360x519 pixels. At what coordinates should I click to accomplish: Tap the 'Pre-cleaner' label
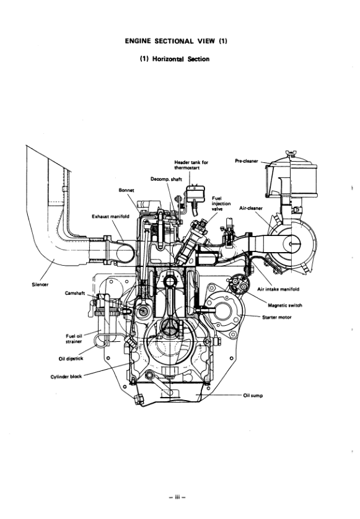pyautogui.click(x=247, y=160)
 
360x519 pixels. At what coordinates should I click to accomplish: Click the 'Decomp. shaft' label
pyautogui.click(x=165, y=179)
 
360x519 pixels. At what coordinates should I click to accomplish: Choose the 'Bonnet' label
pyautogui.click(x=126, y=190)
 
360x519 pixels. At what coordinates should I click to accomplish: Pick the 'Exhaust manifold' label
pyautogui.click(x=110, y=217)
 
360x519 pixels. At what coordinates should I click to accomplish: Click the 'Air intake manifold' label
pyautogui.click(x=279, y=289)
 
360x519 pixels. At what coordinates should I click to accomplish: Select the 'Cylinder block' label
pyautogui.click(x=66, y=376)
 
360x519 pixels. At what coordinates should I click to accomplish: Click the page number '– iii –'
pyautogui.click(x=179, y=497)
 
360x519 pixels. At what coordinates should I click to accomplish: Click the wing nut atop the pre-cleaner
pyautogui.click(x=287, y=152)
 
